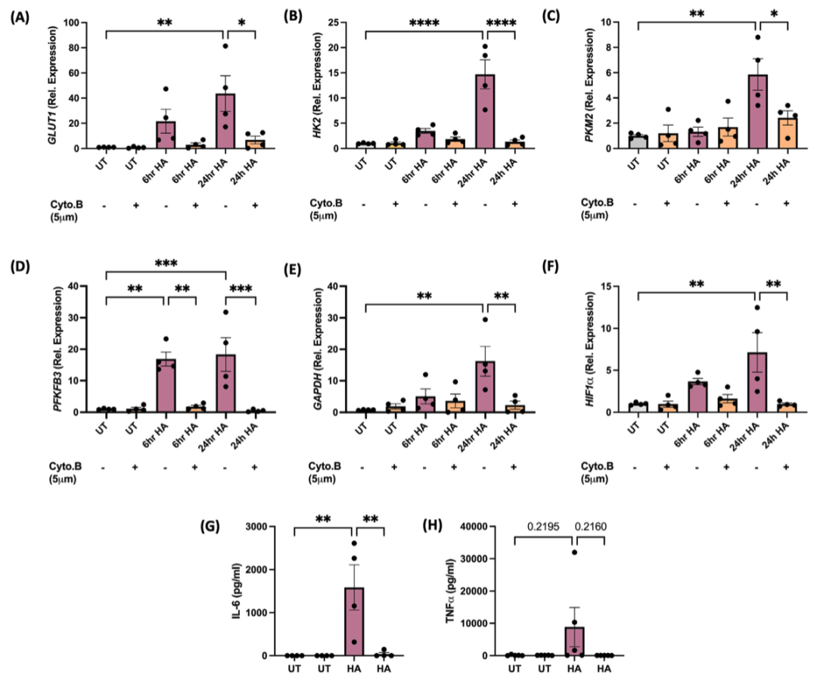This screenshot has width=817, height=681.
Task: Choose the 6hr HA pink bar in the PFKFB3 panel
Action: (x=165, y=386)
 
